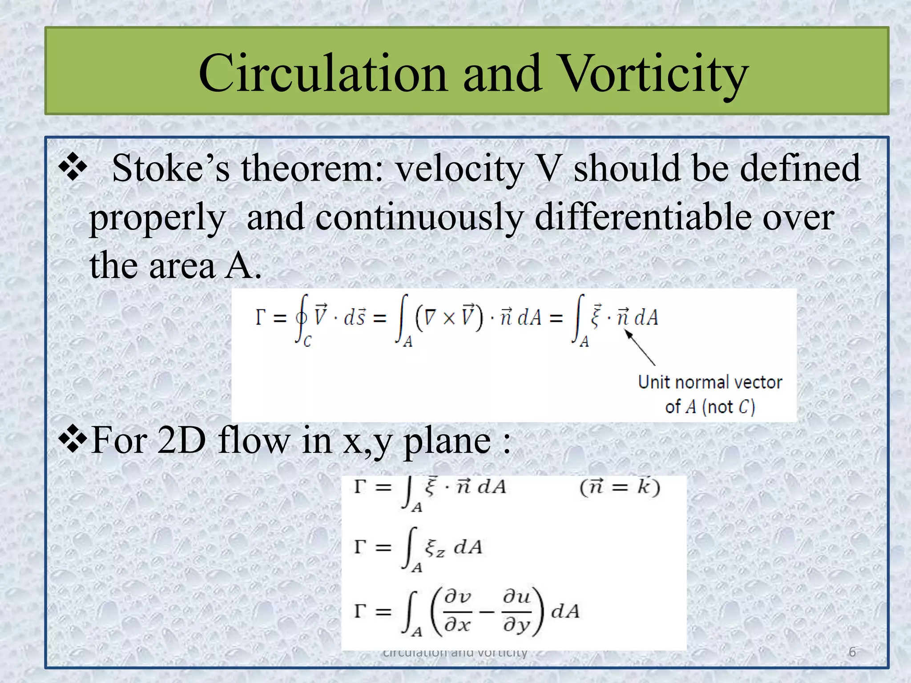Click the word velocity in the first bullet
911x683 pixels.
coord(460,169)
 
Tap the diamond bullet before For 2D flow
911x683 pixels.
coord(73,440)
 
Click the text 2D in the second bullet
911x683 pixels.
coord(181,441)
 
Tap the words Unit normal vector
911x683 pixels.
coord(709,382)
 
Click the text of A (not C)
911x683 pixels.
coord(709,407)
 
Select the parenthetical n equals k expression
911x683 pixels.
coord(619,487)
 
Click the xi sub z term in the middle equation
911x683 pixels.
coord(434,548)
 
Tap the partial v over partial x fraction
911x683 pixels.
coord(458,611)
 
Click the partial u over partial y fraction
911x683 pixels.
coord(516,611)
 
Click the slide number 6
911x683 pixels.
coord(852,652)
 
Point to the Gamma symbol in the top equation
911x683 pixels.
coord(261,317)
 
